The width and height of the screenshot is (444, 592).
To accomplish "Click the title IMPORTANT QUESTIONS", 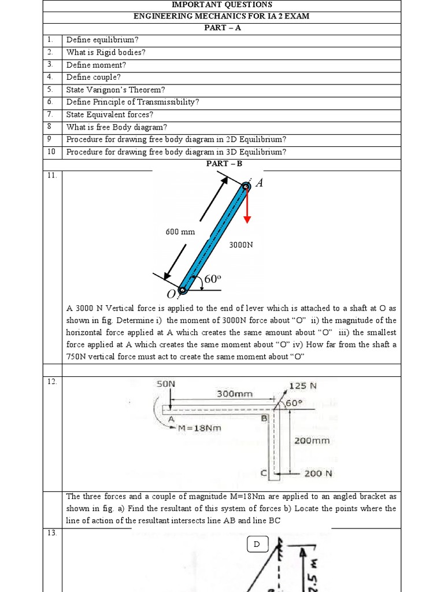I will pyautogui.click(x=222, y=5).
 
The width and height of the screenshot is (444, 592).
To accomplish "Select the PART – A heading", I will pyautogui.click(x=222, y=28).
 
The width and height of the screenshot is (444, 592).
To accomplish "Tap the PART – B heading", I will pyautogui.click(x=222, y=164).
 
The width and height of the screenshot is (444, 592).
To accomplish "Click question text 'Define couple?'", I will pyautogui.click(x=94, y=77).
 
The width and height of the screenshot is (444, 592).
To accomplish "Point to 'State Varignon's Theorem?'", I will pyautogui.click(x=116, y=90).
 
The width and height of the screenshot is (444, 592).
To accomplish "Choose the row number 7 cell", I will pyautogui.click(x=51, y=114).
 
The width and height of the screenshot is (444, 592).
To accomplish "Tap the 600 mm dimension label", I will pyautogui.click(x=180, y=232).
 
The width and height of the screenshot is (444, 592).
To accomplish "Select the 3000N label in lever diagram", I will pyautogui.click(x=241, y=245).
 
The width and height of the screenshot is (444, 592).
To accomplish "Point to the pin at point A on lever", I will pyautogui.click(x=246, y=186).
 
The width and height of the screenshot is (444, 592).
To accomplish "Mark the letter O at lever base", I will pyautogui.click(x=171, y=296).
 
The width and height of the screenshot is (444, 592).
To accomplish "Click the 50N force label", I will pyautogui.click(x=166, y=384).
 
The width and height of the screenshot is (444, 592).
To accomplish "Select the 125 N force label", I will pyautogui.click(x=303, y=386).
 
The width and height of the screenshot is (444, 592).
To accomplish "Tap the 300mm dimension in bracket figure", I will pyautogui.click(x=235, y=394).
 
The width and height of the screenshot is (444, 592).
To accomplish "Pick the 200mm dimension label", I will pyautogui.click(x=312, y=440).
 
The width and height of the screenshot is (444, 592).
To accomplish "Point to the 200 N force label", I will pyautogui.click(x=319, y=473).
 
